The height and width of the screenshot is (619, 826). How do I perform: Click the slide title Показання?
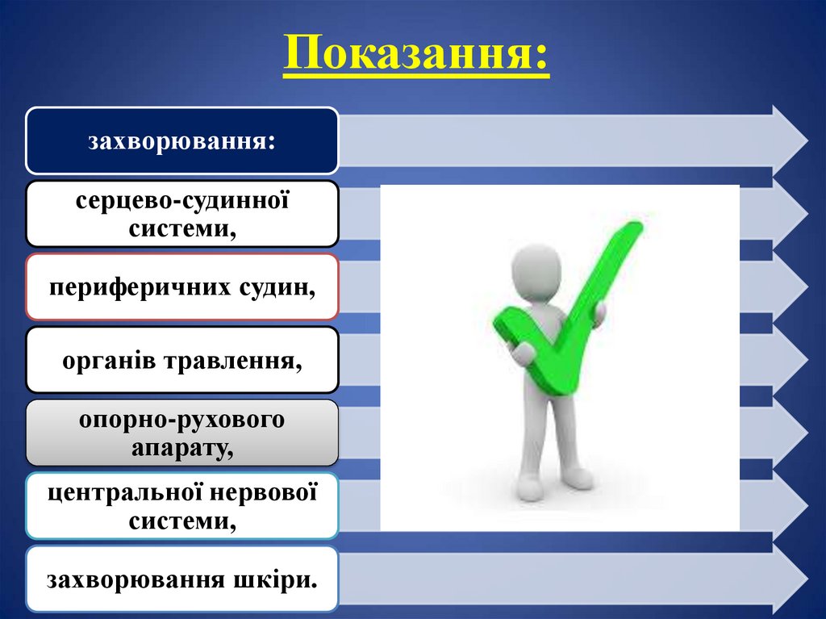[415, 54]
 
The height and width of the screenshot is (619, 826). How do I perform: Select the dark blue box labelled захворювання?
[181, 141]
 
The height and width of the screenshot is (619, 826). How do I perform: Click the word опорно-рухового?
[181, 420]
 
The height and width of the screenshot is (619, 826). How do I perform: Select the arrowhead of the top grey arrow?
[791, 141]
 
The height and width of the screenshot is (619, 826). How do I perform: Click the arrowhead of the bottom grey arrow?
[791, 579]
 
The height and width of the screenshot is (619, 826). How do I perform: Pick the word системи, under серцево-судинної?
[182, 228]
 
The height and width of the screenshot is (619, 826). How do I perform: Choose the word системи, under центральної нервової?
[182, 521]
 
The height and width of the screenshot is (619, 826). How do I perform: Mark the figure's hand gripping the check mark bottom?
[523, 352]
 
